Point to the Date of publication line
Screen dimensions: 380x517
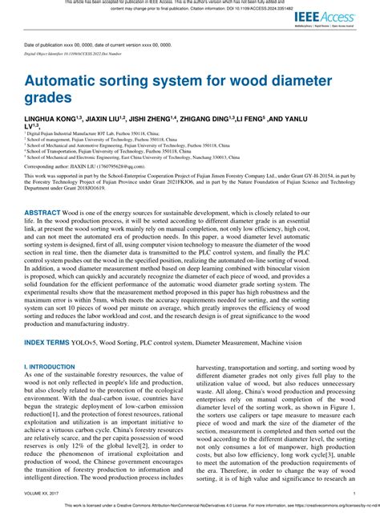coord(98,44)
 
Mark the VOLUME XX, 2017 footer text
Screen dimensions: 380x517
coord(43,494)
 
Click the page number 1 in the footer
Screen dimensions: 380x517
coord(354,494)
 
